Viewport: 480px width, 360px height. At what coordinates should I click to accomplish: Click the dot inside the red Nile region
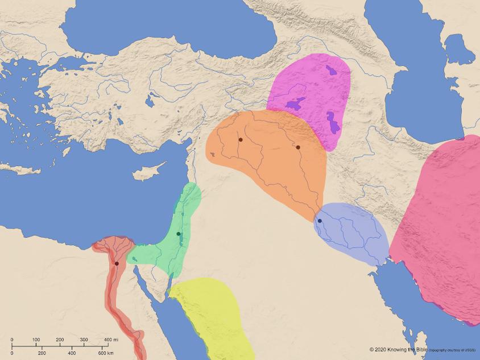117,263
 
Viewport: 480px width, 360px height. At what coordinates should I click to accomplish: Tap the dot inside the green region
179,234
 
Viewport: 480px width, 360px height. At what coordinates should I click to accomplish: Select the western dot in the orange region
241,139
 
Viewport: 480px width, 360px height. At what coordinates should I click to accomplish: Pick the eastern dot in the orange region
298,147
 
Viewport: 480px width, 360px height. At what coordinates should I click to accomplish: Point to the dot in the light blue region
320,221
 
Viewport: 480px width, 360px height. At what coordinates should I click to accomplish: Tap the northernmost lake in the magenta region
331,71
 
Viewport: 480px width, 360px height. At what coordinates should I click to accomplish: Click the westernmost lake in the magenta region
295,104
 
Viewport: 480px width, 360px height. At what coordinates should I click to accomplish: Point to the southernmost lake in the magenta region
332,122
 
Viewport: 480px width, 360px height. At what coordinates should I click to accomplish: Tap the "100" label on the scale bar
36,340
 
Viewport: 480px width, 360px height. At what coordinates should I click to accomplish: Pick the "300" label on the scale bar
84,340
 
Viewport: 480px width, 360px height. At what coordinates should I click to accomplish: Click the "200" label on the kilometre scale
42,353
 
